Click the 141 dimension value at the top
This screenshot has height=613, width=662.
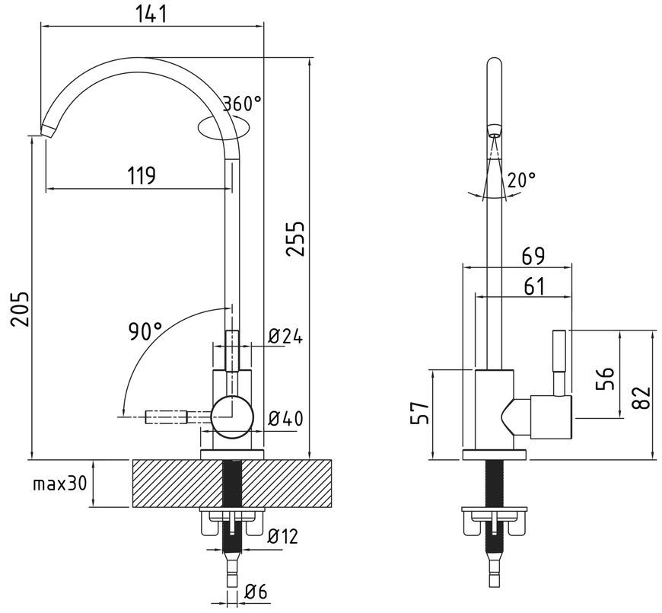coord(151,14)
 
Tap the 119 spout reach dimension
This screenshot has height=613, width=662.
coord(142,175)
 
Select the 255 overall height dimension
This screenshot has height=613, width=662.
coord(295,238)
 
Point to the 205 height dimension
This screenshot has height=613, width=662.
coord(21,308)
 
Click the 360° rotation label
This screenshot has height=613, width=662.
coord(242,103)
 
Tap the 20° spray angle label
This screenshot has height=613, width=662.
coord(521,180)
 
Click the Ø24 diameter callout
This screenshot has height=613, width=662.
coord(285,337)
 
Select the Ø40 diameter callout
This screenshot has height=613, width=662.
coord(286,418)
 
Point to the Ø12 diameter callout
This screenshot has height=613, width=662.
coord(283,536)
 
